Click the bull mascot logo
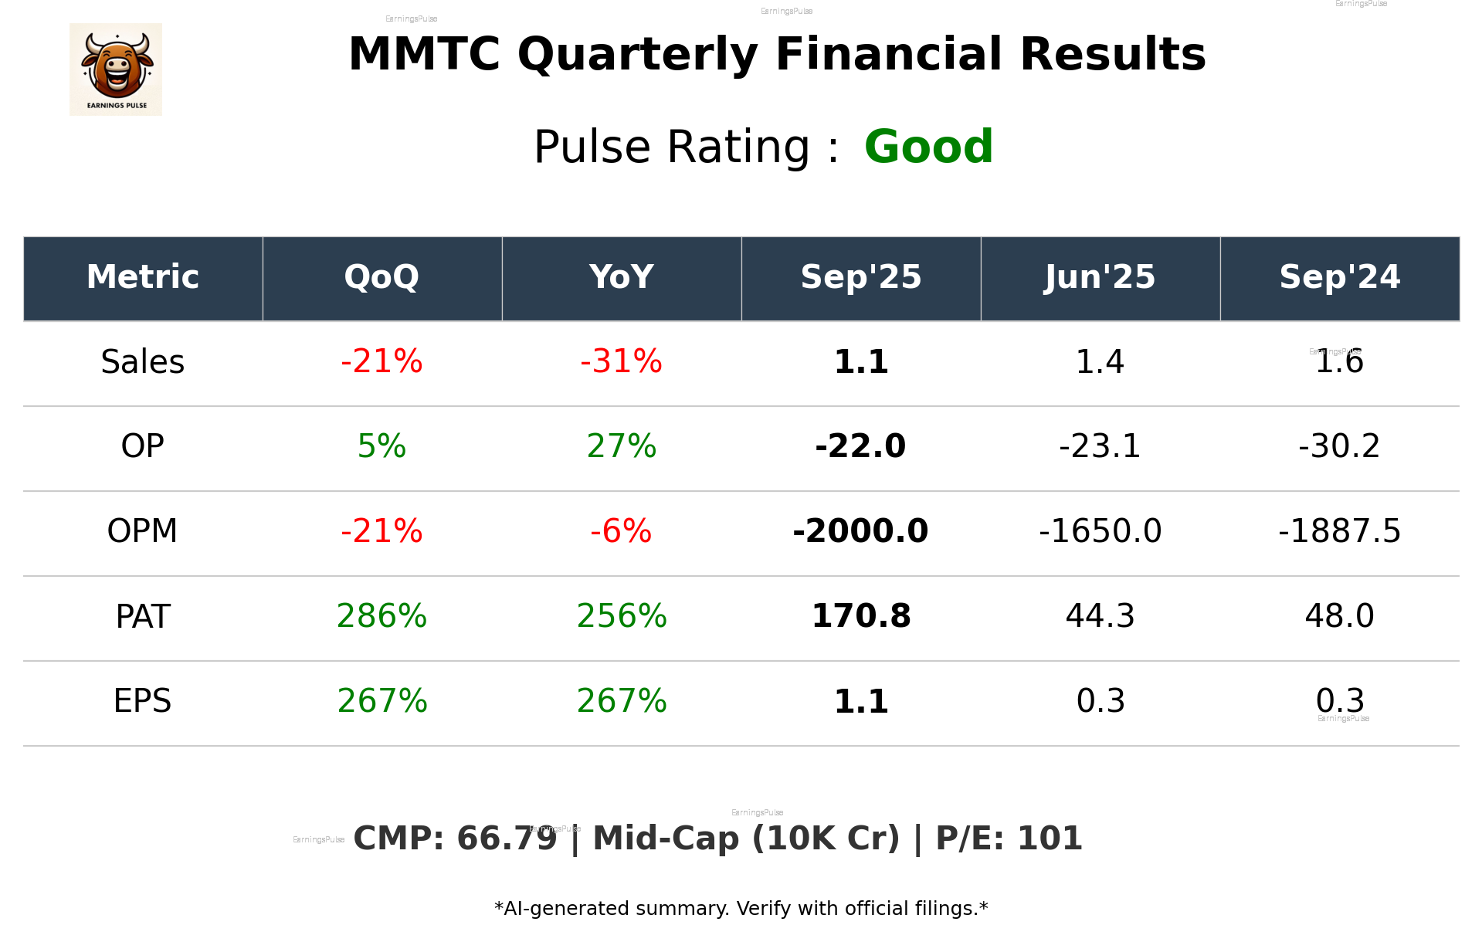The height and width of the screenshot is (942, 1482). pos(116,69)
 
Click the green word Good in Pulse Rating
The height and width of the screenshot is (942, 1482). pos(928,147)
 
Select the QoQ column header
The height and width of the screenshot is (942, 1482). pos(382,277)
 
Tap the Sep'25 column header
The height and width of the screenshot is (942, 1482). pos(860,277)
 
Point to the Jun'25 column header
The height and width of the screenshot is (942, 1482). pos(1100,277)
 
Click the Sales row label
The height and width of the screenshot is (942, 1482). pos(143,362)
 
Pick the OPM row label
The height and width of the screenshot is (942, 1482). pos(143,531)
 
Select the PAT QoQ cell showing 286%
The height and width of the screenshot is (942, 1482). pos(382,616)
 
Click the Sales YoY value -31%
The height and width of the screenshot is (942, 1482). pos(621,362)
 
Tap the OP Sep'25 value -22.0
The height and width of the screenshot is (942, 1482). pos(860,446)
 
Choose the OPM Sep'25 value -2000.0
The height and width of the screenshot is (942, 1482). pos(860,531)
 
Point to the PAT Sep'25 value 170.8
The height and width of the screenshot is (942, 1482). pos(860,616)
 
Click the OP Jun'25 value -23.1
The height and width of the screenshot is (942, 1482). pos(1100,446)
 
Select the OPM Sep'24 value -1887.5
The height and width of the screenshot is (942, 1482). pos(1339,531)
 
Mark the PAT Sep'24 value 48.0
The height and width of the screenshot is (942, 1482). pos(1339,616)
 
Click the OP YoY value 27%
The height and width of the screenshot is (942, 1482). pos(621,446)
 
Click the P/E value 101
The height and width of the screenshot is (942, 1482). pos(1050,839)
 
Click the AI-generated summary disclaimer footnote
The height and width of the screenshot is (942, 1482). pos(741,909)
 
